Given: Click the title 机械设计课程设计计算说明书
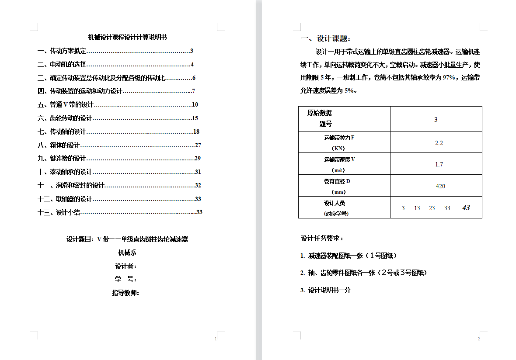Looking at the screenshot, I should [127, 38].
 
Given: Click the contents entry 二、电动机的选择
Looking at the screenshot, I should [62, 65].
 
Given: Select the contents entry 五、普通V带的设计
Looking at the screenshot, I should [66, 105].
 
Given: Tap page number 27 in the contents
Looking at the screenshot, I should [198, 145].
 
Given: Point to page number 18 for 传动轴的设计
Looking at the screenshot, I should [196, 132].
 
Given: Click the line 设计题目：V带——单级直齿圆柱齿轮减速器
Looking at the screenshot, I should [127, 239].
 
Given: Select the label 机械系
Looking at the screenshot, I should [127, 253].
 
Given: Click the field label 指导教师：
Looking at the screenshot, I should [126, 293].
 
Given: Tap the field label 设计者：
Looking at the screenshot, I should [126, 266].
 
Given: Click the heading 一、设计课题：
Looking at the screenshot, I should [326, 39].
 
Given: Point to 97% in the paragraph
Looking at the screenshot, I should [450, 78].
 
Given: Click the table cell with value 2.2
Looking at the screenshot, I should [439, 143].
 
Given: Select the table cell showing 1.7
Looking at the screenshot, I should [439, 164].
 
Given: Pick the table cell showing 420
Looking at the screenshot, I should [440, 186].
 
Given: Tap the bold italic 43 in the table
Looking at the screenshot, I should [466, 208].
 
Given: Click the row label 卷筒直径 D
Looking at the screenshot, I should [337, 181].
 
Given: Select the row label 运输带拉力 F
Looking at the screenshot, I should [339, 138].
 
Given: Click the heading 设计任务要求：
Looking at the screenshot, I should [322, 239].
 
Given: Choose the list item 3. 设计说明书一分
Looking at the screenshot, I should [325, 290].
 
